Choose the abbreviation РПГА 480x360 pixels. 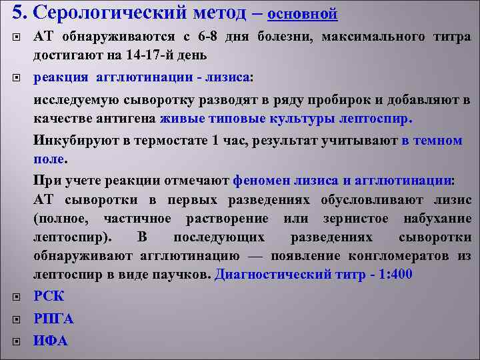point(53,319)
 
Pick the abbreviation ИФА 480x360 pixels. point(51,341)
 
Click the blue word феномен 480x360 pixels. point(263,180)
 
